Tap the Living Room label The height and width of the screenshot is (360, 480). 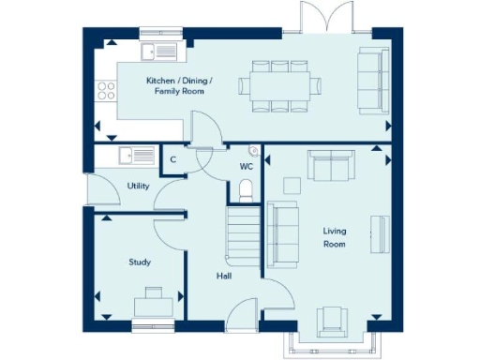coord(335,237)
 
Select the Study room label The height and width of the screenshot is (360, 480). coord(140,262)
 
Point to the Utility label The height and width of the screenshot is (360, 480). coord(139,187)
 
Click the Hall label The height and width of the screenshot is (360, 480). coord(223,276)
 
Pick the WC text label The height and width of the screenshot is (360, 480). coord(247,166)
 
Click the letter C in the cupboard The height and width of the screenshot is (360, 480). coord(173,160)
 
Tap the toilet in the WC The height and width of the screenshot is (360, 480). coord(246,191)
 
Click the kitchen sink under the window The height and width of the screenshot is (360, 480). coord(159,52)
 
